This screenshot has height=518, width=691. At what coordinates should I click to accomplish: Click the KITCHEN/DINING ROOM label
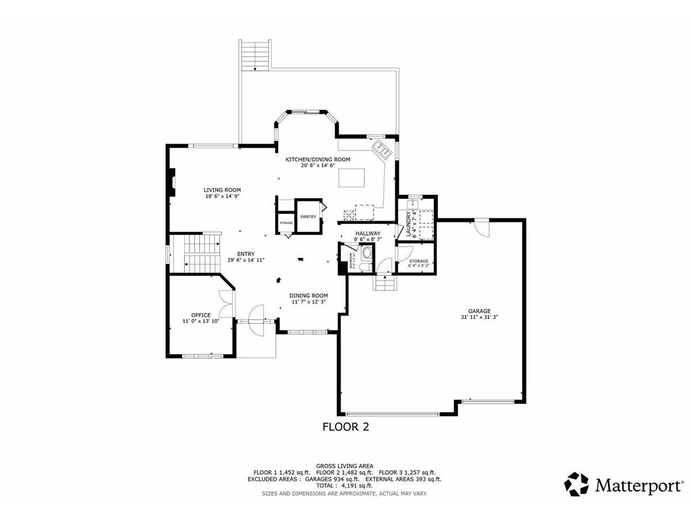[x=317, y=159]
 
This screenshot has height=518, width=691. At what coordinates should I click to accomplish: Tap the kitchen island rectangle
[x=352, y=177]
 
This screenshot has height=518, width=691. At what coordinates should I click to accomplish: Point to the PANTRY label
[x=308, y=217]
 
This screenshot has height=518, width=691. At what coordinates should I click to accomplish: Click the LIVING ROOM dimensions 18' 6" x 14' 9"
[x=222, y=196]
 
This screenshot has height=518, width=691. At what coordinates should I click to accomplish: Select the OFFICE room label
[x=200, y=315]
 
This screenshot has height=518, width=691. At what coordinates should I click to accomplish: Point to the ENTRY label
[x=246, y=254]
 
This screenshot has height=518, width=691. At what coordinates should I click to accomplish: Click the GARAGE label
[x=480, y=311]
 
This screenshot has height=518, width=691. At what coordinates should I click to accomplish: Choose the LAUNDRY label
[x=409, y=222]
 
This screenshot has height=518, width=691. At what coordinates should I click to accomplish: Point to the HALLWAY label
[x=368, y=233]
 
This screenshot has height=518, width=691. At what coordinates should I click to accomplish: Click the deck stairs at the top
[x=255, y=55]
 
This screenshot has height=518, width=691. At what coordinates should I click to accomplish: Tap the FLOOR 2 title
[x=345, y=426]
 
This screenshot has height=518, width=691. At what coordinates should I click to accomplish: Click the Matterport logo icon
[x=576, y=484]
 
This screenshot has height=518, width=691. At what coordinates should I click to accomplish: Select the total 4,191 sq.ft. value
[x=357, y=486]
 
